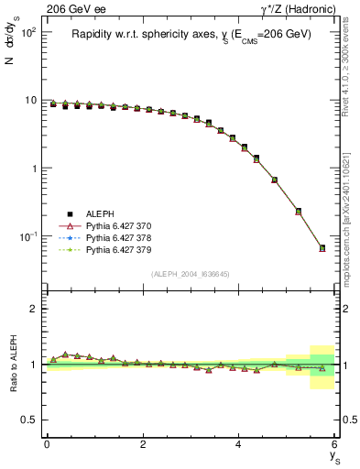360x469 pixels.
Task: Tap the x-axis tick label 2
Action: pyautogui.click(x=143, y=444)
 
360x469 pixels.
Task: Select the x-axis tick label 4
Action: pyautogui.click(x=239, y=444)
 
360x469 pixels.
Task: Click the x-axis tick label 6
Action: pyautogui.click(x=335, y=444)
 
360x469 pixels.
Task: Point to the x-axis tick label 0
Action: pyautogui.click(x=47, y=444)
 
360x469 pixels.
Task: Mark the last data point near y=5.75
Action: pyautogui.click(x=322, y=247)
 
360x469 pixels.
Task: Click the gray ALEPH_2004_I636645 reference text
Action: pyautogui.click(x=191, y=274)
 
